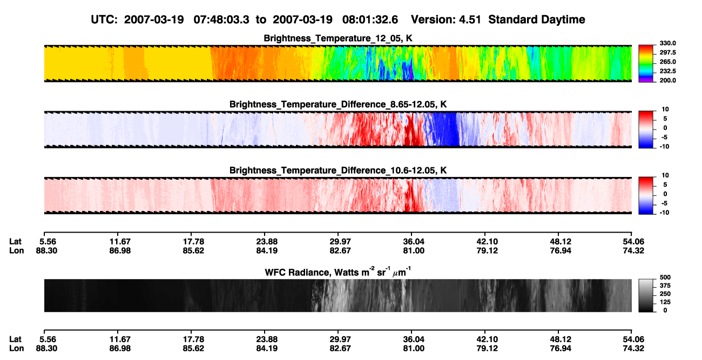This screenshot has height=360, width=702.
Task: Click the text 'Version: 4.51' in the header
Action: click(x=446, y=19)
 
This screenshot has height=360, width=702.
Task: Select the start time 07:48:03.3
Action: click(x=221, y=19)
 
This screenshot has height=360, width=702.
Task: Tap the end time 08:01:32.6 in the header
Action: click(x=370, y=19)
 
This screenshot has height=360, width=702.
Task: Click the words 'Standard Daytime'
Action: click(x=537, y=19)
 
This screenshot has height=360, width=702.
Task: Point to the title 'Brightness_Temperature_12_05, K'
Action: click(x=338, y=38)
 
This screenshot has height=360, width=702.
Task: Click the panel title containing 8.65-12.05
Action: click(x=338, y=104)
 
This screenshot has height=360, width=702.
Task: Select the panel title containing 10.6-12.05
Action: click(x=338, y=171)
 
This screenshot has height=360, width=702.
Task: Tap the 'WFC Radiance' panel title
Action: click(x=338, y=272)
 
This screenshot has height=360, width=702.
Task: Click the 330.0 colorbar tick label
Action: click(x=667, y=43)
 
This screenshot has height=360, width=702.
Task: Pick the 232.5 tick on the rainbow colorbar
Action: click(x=667, y=71)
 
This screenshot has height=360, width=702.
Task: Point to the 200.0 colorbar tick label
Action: click(x=667, y=80)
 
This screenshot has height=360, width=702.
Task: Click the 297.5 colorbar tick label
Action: click(x=667, y=53)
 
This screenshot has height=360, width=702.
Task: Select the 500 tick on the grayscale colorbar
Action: click(x=665, y=277)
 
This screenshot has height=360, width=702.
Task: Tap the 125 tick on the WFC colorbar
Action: click(x=665, y=302)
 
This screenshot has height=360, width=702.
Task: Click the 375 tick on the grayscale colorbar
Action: click(x=665, y=286)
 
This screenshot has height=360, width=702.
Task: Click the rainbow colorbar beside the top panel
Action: click(x=646, y=64)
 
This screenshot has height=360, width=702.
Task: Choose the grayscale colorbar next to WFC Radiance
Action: click(x=646, y=295)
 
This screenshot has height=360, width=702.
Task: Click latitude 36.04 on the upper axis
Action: click(x=413, y=242)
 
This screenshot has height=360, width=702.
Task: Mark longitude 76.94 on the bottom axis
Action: click(x=561, y=349)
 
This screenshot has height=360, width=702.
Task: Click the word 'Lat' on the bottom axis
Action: click(x=15, y=339)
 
